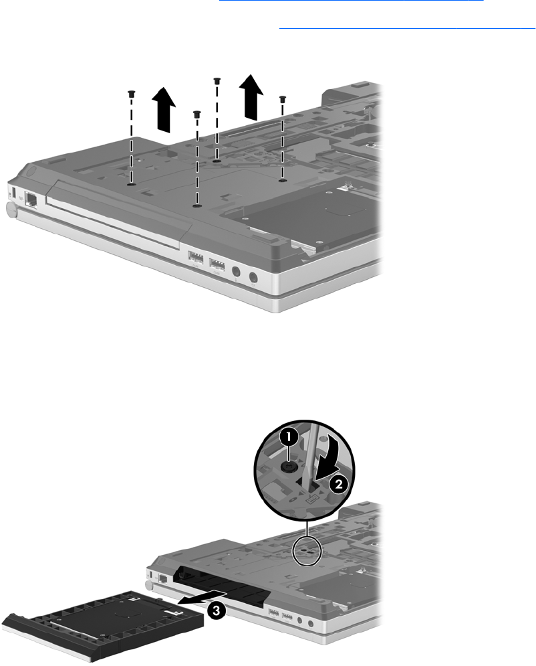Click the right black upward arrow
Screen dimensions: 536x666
[251, 96]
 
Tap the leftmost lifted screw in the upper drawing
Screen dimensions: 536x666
[130, 94]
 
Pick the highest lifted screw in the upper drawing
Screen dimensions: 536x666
[217, 81]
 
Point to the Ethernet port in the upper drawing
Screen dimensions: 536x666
[31, 199]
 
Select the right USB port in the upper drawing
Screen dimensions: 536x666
[217, 264]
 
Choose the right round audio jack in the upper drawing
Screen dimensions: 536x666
[253, 278]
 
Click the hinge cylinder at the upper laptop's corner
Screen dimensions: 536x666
[11, 210]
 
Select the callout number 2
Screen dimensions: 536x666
[338, 484]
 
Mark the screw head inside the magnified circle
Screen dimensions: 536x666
[287, 467]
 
